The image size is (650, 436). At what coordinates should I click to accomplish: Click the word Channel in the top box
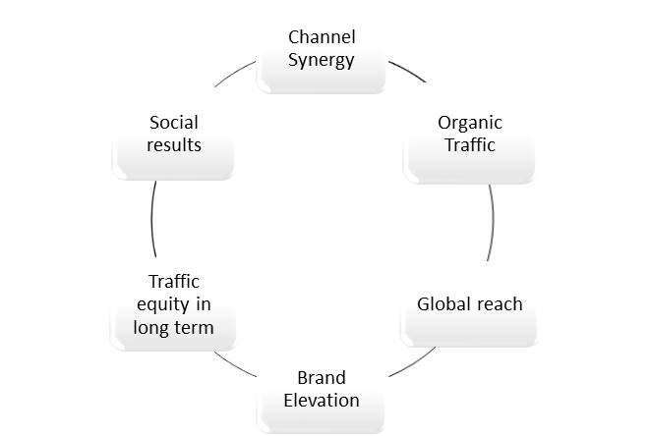point(322,37)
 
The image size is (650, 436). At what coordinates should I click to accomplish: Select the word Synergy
point(322,59)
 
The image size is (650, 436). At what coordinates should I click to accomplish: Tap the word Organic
point(469,123)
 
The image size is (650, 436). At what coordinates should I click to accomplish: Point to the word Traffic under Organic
point(469,145)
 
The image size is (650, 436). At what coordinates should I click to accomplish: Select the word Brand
point(322,378)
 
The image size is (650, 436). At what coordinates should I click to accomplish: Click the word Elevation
point(322,400)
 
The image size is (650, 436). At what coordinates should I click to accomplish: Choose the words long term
point(173,326)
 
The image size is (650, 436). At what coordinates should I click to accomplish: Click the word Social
point(174,123)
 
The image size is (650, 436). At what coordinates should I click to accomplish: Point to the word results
point(174,145)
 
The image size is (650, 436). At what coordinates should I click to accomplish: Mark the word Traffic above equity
point(174,282)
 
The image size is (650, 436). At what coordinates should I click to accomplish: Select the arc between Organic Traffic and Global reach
point(491,221)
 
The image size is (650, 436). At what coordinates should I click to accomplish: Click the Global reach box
point(469,316)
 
